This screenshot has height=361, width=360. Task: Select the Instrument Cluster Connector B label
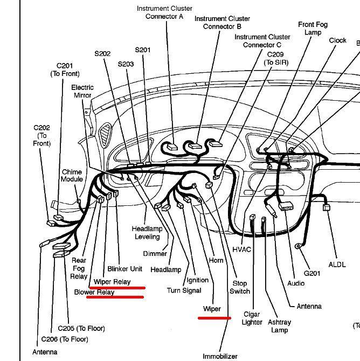(x=218, y=22)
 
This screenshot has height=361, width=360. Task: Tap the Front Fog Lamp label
(x=313, y=29)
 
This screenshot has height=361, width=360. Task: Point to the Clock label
(x=337, y=40)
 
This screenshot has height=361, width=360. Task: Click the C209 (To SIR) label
(x=278, y=58)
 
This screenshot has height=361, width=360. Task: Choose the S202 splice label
(x=102, y=53)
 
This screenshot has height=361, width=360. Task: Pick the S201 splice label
(x=142, y=50)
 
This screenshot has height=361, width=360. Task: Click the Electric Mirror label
(x=82, y=91)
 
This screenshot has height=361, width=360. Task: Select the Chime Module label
(x=72, y=176)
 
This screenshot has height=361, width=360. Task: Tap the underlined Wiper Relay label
(x=112, y=282)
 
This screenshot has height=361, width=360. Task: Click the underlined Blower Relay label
(x=94, y=293)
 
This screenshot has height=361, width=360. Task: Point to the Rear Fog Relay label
(x=79, y=268)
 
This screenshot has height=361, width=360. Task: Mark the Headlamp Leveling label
(x=147, y=233)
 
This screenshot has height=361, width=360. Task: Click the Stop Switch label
(x=240, y=287)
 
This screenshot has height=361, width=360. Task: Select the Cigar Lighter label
(x=251, y=318)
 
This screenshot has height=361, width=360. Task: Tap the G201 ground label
(x=311, y=273)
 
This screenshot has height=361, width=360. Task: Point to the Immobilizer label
(x=220, y=356)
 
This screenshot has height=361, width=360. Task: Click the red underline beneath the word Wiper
(x=214, y=318)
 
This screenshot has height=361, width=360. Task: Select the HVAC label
(x=242, y=249)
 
